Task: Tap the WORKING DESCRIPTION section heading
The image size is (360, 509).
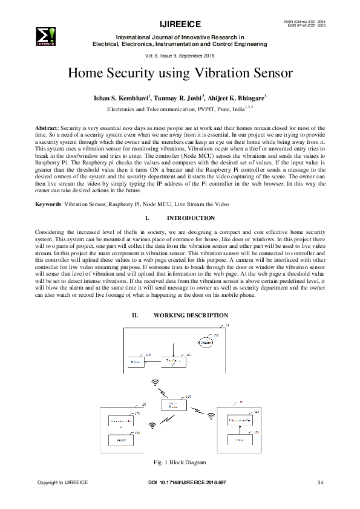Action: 191,316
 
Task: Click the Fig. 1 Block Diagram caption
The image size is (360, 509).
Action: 180,462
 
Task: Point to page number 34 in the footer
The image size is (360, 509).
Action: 320,482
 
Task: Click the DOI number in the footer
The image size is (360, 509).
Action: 187,482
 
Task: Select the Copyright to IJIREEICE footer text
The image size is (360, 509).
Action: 63,482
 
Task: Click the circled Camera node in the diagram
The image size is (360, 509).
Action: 208,343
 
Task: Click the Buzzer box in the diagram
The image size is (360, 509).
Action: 135,361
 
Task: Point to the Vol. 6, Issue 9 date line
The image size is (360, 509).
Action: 180,56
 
